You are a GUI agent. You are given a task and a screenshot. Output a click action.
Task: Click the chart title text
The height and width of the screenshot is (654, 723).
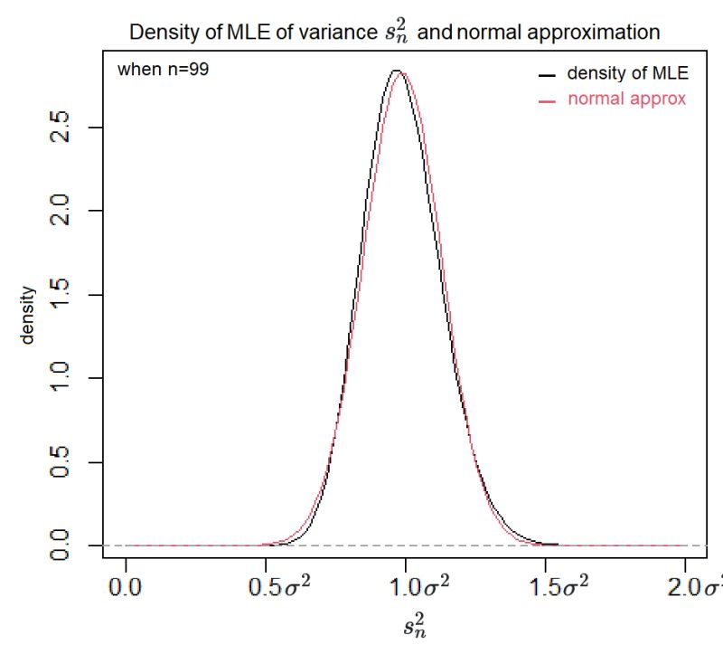395,33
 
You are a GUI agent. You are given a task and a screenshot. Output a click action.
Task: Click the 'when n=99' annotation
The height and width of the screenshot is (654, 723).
164,70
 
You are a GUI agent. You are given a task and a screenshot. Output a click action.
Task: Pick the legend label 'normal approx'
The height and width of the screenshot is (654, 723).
626,99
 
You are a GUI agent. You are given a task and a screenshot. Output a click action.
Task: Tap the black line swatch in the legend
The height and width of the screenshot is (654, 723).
546,74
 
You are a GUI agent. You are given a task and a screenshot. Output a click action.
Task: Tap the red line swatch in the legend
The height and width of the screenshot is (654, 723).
546,100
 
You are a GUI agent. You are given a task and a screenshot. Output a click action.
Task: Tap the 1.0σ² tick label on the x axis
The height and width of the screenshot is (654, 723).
405,589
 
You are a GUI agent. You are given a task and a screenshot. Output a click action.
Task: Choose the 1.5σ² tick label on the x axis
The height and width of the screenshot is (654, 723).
545,589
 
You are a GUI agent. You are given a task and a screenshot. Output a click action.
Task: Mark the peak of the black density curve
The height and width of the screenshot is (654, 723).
395,71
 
